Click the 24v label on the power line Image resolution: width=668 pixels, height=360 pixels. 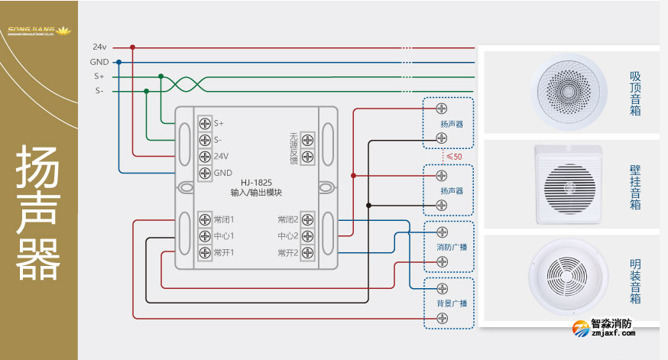(99, 47)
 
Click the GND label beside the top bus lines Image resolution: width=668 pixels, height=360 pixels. (99, 62)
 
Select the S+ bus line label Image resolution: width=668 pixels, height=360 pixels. (99, 76)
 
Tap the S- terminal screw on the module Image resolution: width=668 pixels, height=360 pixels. (205, 140)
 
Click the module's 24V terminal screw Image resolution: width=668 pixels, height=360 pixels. (205, 156)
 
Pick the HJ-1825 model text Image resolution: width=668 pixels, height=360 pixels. (256, 183)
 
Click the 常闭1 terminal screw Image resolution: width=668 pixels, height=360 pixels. (205, 219)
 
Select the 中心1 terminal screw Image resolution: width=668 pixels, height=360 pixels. (205, 235)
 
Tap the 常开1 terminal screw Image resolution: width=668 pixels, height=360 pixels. (205, 252)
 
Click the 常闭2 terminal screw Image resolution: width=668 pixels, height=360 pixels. (307, 219)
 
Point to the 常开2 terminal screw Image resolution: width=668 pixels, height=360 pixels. (307, 252)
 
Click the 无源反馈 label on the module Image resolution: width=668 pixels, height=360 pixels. (293, 148)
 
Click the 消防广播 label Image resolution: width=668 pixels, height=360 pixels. (452, 247)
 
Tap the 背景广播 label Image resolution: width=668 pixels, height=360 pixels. (452, 303)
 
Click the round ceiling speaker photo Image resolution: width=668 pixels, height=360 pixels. (570, 89)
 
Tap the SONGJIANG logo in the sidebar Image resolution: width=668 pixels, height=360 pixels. (38, 31)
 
